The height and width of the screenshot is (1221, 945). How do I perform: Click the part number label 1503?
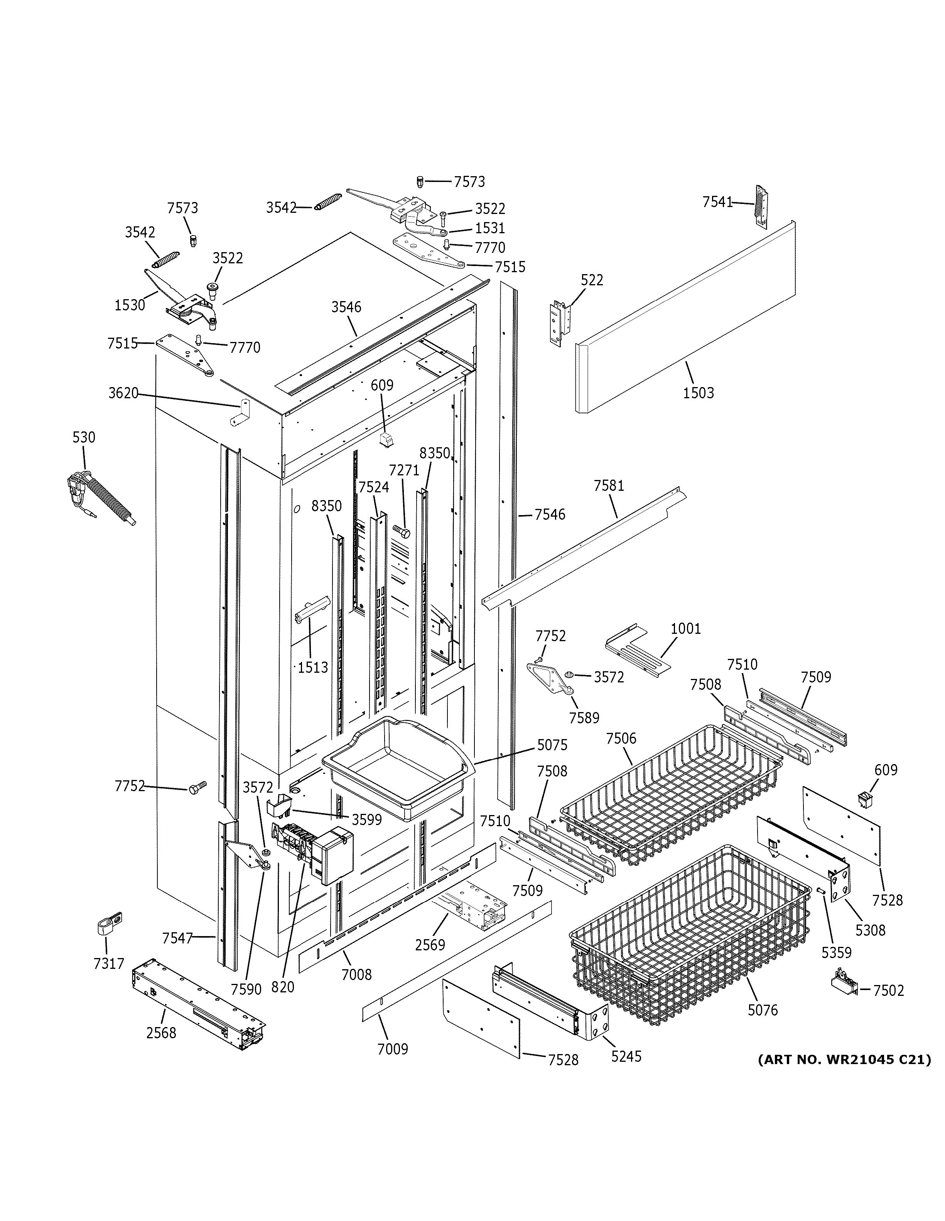click(x=699, y=393)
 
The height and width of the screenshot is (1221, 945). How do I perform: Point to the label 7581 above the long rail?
click(x=609, y=486)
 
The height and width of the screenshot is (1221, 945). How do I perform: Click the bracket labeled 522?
click(x=559, y=323)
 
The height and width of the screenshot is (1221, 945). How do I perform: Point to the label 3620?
click(x=123, y=393)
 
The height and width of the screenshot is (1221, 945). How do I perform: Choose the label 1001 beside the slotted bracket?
click(x=685, y=628)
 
